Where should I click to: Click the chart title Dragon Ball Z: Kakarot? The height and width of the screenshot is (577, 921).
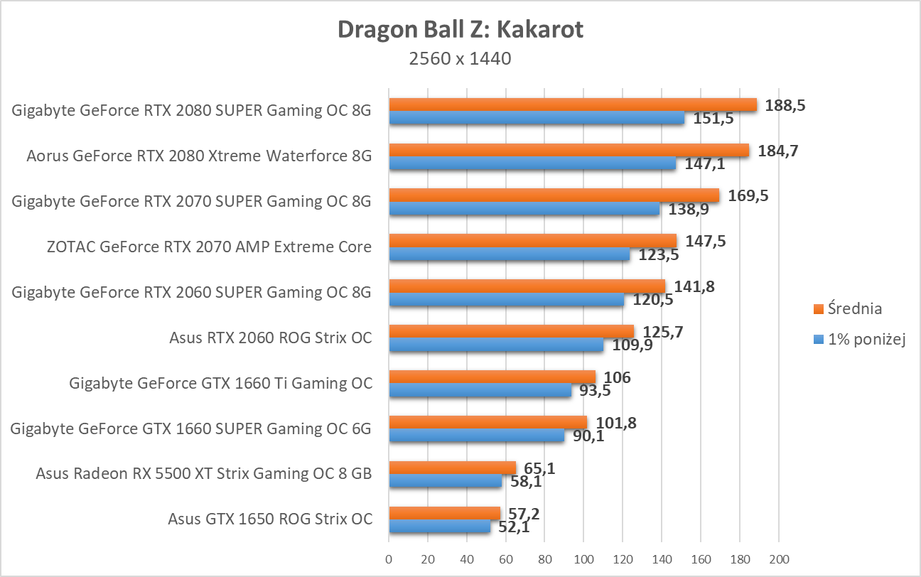(x=460, y=30)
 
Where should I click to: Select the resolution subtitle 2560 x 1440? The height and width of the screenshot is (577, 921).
(x=460, y=58)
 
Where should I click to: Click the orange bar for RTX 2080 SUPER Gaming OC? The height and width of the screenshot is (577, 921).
(x=572, y=105)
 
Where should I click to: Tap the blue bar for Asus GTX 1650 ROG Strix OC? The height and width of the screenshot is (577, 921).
(x=439, y=527)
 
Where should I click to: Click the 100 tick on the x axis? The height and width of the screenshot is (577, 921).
(x=583, y=559)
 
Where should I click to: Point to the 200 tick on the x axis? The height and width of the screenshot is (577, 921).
(x=779, y=559)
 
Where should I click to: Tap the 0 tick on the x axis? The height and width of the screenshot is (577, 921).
(x=389, y=559)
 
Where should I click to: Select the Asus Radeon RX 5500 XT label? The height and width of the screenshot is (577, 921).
(x=204, y=473)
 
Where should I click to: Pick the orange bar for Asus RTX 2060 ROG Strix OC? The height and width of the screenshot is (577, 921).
(x=511, y=332)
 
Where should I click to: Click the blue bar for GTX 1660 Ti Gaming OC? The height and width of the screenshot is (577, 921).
(x=480, y=391)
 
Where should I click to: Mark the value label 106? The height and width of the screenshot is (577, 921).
(x=617, y=377)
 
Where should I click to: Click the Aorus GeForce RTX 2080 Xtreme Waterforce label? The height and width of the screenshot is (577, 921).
(x=199, y=156)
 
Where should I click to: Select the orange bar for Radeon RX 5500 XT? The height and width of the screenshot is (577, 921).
(x=452, y=468)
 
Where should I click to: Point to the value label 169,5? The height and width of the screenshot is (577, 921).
(x=748, y=195)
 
